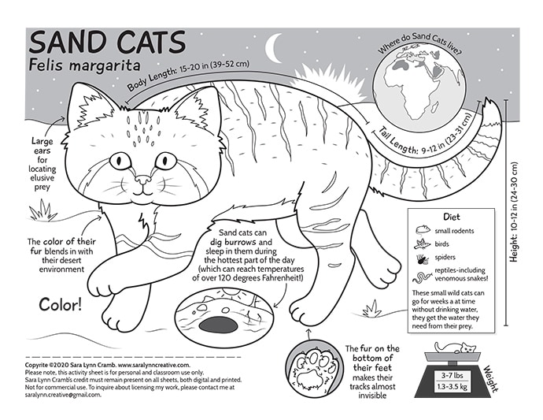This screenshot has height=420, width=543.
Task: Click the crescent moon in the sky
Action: click(271, 49)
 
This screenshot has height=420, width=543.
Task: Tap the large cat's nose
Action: click(143, 180)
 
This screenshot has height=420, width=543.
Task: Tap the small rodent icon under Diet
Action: click(423, 230)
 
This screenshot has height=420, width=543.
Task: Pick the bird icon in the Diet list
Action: click(422, 243)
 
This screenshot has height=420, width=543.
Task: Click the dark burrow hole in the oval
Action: click(218, 325)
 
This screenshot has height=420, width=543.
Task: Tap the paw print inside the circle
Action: click(315, 370)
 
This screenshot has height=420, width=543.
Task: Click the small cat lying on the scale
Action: click(456, 348)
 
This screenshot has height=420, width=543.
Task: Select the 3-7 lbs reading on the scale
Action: click(452, 375)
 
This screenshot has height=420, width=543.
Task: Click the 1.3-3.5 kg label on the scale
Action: click(452, 386)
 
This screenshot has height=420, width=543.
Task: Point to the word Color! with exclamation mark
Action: click(61, 304)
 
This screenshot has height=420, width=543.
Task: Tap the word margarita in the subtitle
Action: click(104, 65)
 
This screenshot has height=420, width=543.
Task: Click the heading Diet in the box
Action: click(452, 217)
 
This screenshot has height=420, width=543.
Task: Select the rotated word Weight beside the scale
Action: click(491, 379)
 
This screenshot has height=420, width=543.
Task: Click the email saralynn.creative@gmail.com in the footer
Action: click(63, 395)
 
